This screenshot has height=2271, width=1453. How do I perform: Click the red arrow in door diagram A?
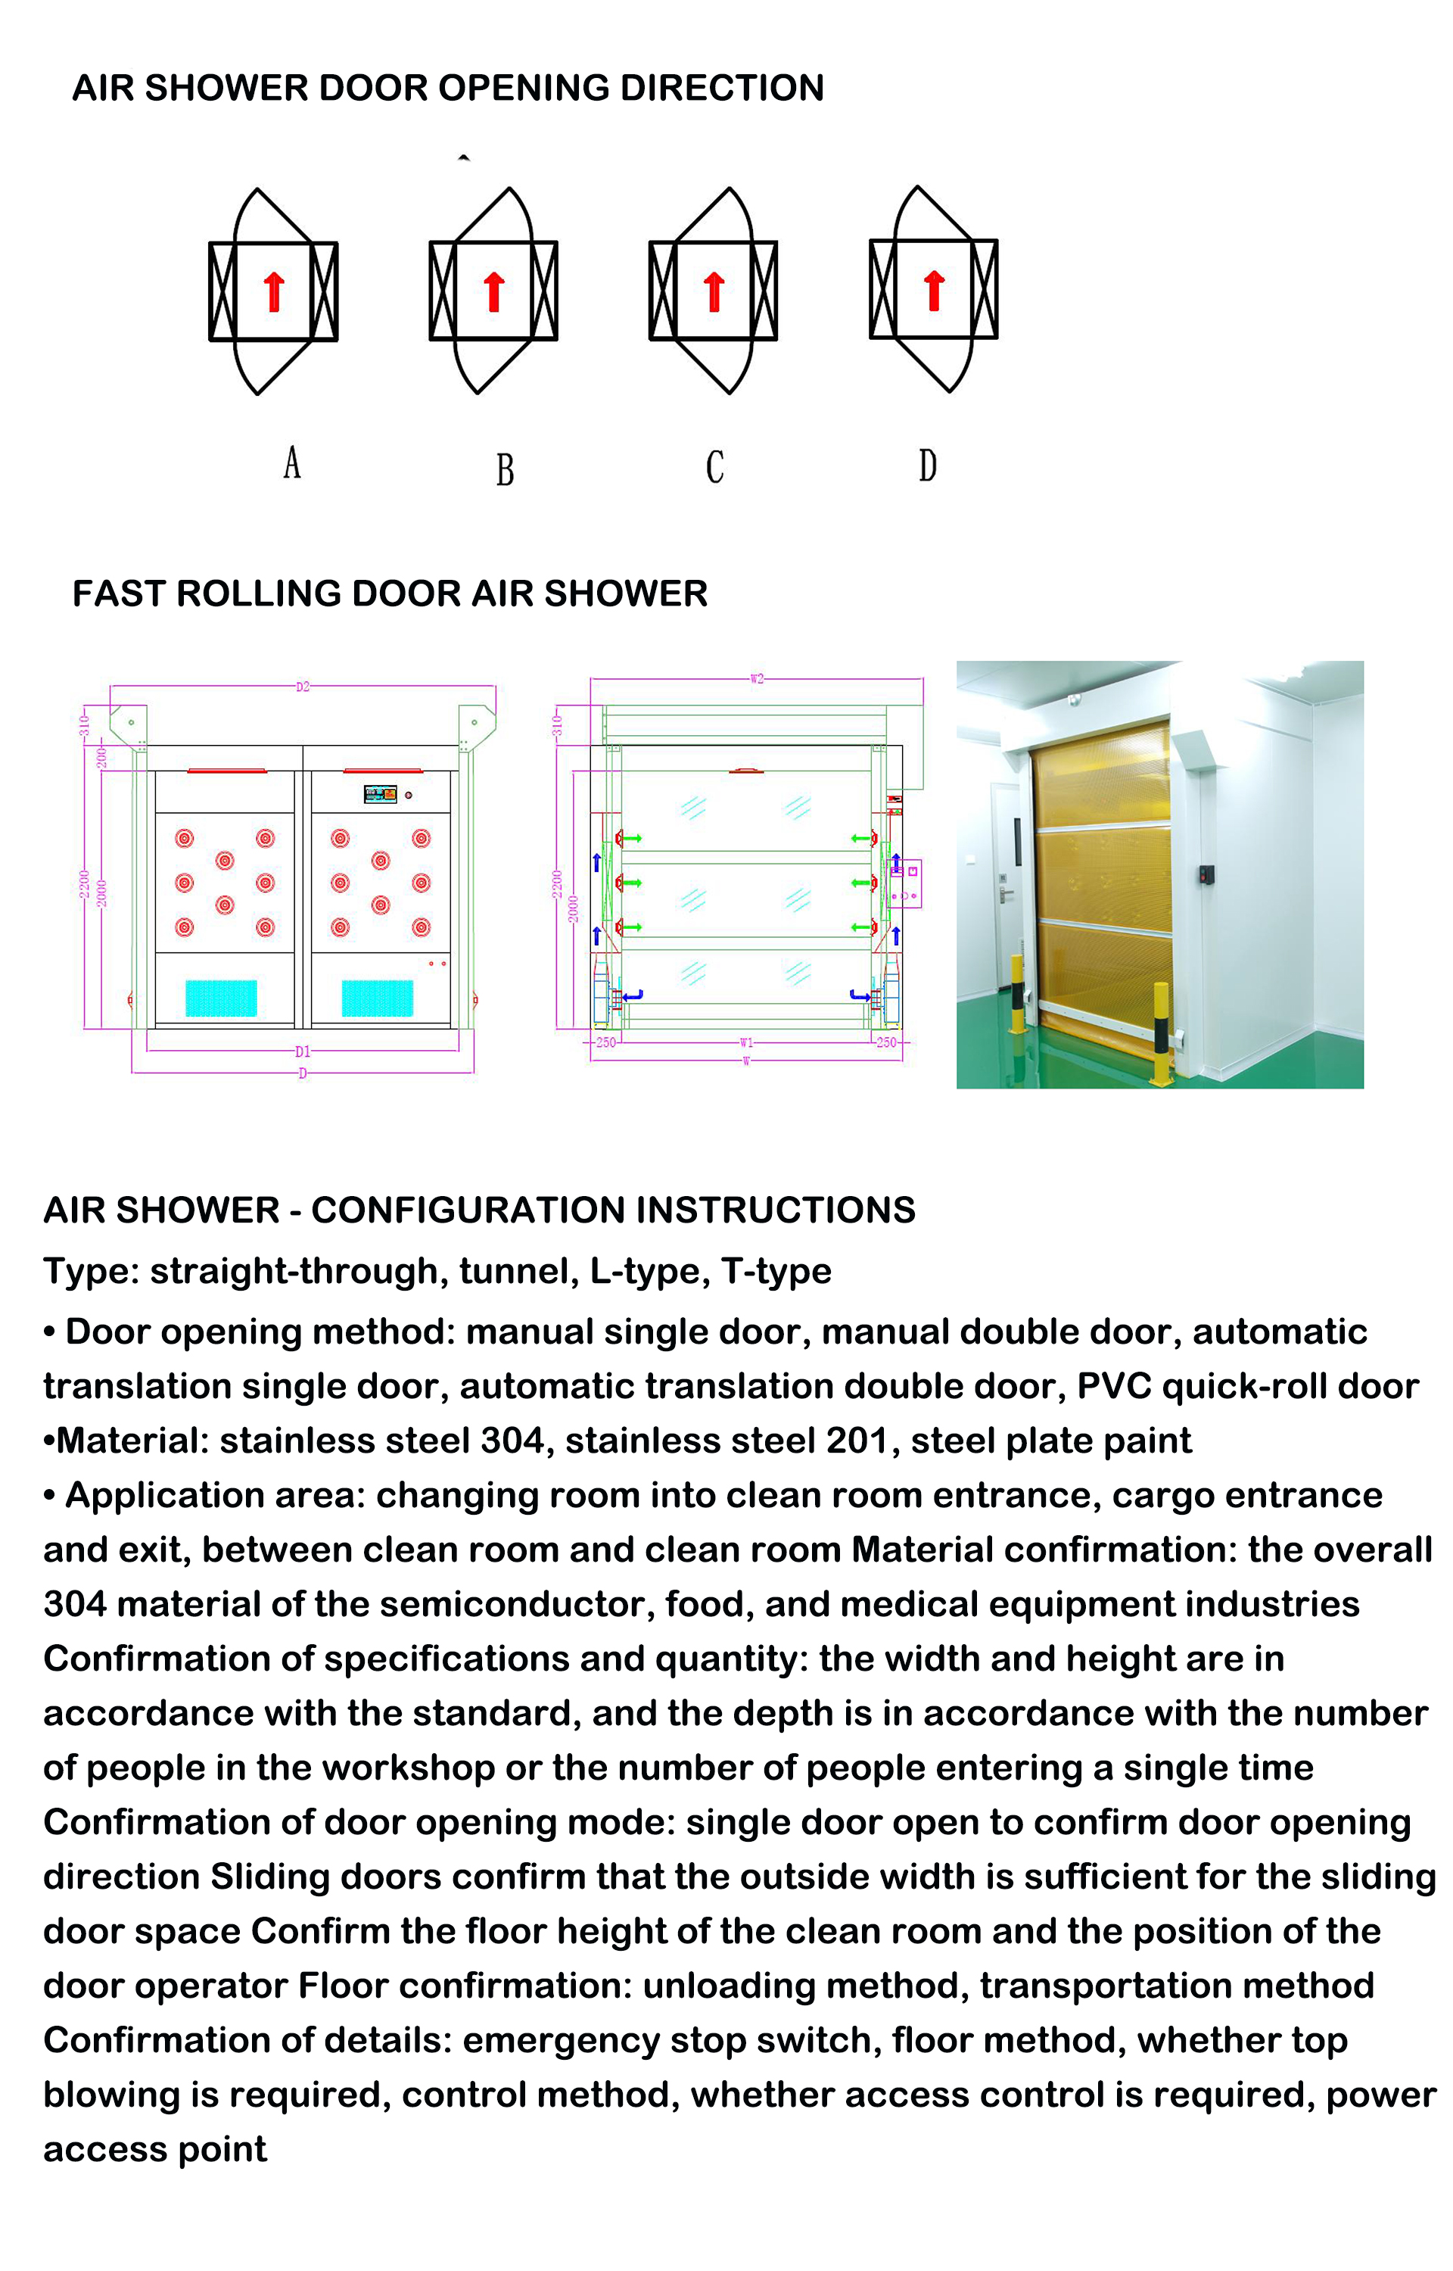(274, 291)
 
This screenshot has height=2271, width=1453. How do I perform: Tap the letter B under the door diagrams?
(505, 469)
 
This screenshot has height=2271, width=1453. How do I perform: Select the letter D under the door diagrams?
(928, 465)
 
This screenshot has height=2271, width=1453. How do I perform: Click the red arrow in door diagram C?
(714, 291)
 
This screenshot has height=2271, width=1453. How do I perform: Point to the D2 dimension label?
(302, 687)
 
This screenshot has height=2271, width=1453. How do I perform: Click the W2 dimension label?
(756, 678)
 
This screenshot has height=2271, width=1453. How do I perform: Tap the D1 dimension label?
(302, 1051)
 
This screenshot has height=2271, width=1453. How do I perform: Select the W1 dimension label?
(746, 1042)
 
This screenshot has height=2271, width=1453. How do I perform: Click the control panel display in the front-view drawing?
(380, 794)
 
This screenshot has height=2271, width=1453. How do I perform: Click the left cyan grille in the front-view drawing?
(221, 997)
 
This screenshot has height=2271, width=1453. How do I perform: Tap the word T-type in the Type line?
(776, 1271)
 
